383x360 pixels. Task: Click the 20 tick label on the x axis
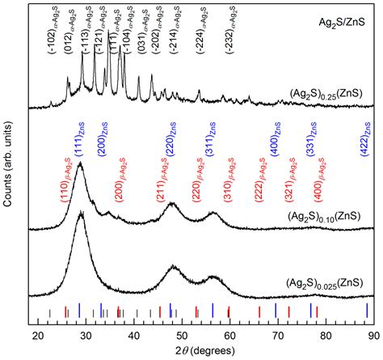tap(37, 332)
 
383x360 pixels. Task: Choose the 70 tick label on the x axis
tap(276, 332)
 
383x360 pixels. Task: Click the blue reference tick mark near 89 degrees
tap(367, 311)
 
